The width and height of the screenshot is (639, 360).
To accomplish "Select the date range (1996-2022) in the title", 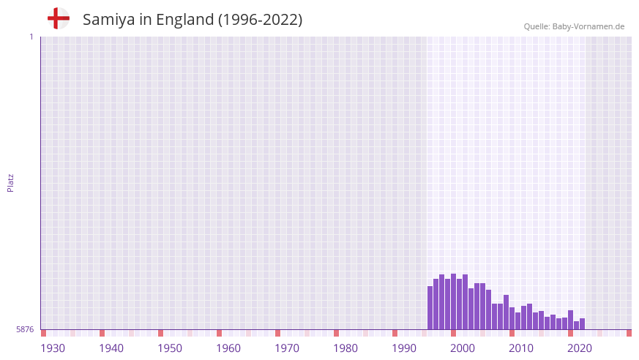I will coord(260,20).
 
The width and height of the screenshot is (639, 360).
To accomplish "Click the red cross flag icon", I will coord(58,18).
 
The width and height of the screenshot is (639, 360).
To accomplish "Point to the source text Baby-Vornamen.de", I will coord(588,26).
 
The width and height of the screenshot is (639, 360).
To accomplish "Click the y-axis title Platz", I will coord(10,182).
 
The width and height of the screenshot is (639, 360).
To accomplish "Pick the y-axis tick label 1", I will coord(31,37).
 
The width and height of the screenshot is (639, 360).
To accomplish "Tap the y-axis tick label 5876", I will coord(25,330).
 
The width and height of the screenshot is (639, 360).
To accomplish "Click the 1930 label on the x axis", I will coord(53,348).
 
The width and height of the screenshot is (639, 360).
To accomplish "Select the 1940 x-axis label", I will coord(111,348).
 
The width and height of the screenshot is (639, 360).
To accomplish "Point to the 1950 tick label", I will coord(170,348).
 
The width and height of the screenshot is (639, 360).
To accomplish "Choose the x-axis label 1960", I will coord(228,348).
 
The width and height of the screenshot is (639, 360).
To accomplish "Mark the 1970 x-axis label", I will coord(287,348).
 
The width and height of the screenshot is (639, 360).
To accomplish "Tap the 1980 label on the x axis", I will coord(345,348).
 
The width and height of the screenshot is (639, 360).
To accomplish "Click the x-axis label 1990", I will coord(404,348).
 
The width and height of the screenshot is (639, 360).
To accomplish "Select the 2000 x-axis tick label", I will coord(463,348).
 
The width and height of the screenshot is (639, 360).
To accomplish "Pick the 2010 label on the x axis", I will coord(521,348).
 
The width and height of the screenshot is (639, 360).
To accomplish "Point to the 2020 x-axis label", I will coord(580,348).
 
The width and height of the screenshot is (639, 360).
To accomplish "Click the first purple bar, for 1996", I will coord(430,308).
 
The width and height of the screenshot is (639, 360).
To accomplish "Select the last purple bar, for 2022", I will coord(583,324).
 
